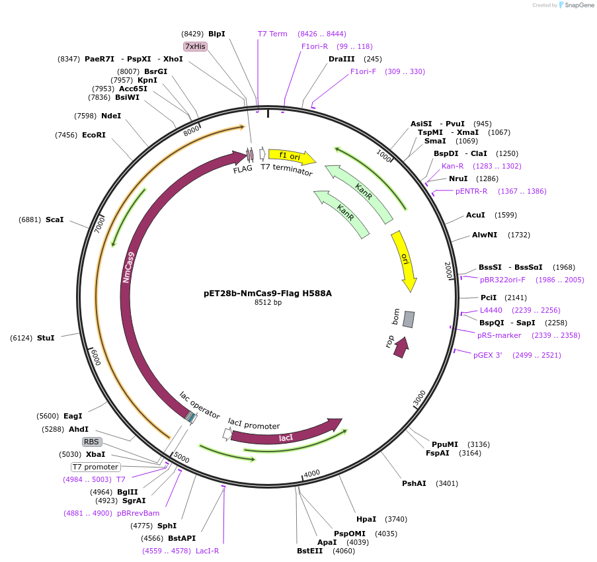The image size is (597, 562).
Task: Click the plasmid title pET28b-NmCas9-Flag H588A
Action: coord(268,293)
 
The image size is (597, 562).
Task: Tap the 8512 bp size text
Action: coord(268,302)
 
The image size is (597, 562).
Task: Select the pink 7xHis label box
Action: coord(195,46)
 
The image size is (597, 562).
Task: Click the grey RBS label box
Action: coord(92,442)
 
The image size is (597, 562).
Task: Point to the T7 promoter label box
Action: coord(95,467)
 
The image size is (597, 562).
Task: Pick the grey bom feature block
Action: coord(409,319)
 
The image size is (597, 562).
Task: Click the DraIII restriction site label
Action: coord(341,59)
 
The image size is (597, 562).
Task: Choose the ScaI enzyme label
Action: coord(55,220)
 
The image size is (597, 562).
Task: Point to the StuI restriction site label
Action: coord(46,338)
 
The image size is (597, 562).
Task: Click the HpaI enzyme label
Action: coord(366,519)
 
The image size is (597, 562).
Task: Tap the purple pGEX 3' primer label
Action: coord(488,355)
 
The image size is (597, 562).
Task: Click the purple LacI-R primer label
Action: coord(206,551)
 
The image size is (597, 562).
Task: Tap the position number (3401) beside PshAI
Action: coord(447,483)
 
